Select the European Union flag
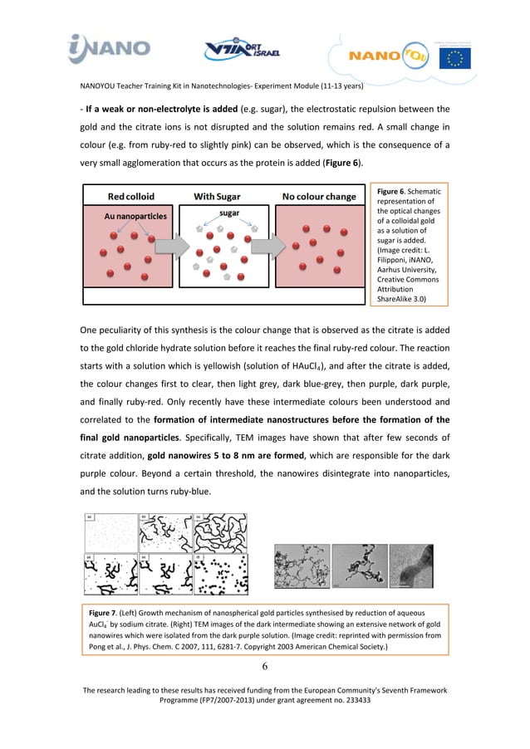pos(451,57)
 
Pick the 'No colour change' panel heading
pos(318,197)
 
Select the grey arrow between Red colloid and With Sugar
pos(169,246)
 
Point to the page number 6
pos(264,666)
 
